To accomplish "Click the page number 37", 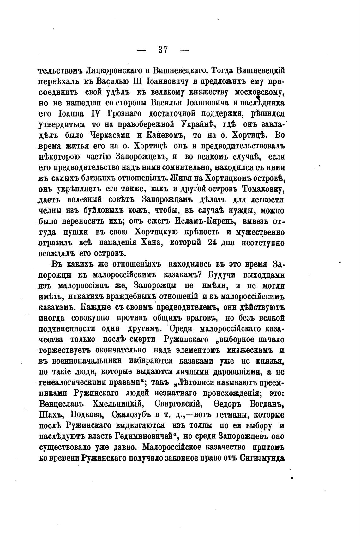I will (x=163, y=50).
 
